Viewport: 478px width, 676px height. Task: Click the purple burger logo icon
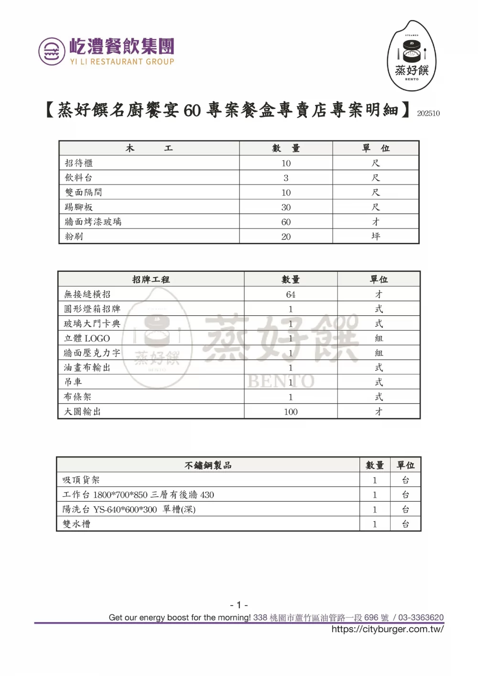click(52, 51)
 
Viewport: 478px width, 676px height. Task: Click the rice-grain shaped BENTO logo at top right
click(412, 56)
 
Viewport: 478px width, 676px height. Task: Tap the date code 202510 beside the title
click(428, 114)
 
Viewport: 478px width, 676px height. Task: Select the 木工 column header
click(149, 149)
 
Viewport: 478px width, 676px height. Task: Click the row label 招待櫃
click(79, 163)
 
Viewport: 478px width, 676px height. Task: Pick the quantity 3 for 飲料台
click(286, 178)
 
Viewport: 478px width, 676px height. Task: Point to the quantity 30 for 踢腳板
click(286, 207)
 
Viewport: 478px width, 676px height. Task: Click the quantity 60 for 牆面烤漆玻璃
click(286, 222)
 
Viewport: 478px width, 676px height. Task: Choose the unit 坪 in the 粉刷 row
click(376, 236)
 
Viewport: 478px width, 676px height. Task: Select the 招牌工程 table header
click(151, 279)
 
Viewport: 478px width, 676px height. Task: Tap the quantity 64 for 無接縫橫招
click(291, 294)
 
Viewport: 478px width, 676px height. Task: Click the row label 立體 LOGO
click(87, 338)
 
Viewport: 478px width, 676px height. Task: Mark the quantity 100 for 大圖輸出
click(291, 412)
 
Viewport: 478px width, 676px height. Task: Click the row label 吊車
click(73, 382)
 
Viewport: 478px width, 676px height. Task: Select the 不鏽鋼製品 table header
click(208, 465)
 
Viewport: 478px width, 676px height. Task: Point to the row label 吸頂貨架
click(81, 480)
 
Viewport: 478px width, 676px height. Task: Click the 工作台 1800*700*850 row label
click(138, 495)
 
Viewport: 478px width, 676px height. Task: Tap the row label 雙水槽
click(76, 524)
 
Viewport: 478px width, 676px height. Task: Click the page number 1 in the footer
click(239, 605)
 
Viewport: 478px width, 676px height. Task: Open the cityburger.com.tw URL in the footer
click(387, 629)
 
